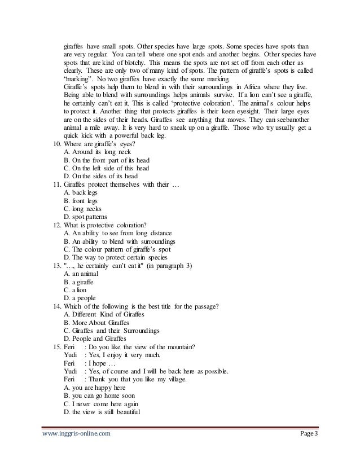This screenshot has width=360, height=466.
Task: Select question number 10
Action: (x=56, y=144)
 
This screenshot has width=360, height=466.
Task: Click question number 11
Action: (x=56, y=184)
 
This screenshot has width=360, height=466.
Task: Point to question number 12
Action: (x=56, y=225)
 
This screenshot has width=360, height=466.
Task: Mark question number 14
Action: (x=56, y=306)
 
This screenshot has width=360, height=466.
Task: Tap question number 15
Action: (x=56, y=347)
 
